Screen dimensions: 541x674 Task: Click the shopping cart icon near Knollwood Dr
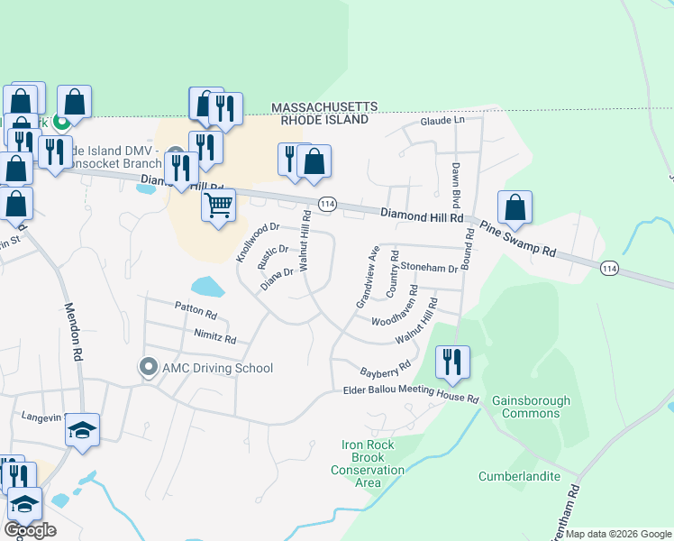219,206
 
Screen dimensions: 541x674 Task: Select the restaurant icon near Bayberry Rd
452,362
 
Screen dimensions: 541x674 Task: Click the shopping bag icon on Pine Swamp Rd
515,206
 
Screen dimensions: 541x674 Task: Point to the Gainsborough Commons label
531,407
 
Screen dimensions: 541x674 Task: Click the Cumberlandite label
519,476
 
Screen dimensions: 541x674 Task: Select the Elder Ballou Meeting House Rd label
411,394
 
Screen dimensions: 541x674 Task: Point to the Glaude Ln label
442,121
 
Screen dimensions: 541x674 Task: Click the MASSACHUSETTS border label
324,107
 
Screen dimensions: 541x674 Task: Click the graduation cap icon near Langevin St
82,430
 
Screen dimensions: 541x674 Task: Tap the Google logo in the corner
30,530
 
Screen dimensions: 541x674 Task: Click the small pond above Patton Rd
206,287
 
